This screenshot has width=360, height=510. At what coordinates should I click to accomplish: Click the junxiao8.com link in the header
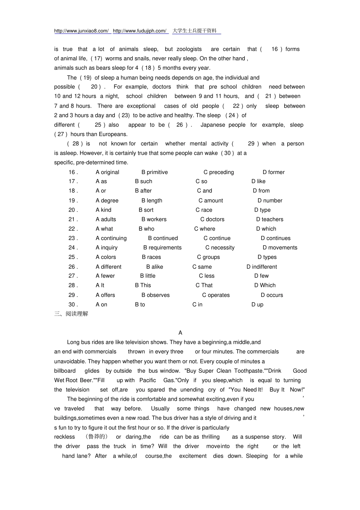pyautogui.click(x=81, y=31)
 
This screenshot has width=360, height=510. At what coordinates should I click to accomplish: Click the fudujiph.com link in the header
pyautogui.click(x=140, y=31)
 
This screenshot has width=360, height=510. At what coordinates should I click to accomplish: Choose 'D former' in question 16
pyautogui.click(x=274, y=172)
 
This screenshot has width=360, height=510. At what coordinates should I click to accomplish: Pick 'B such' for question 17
pyautogui.click(x=144, y=182)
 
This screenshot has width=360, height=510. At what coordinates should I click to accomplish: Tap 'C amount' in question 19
pyautogui.click(x=211, y=201)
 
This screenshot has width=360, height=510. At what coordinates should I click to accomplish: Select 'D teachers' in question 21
pyautogui.click(x=269, y=220)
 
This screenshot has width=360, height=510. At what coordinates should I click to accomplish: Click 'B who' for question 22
pyautogui.click(x=146, y=229)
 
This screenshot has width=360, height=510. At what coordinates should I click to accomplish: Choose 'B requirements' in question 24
pyautogui.click(x=162, y=248)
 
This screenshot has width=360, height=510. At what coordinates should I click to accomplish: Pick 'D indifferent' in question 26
pyautogui.click(x=261, y=267)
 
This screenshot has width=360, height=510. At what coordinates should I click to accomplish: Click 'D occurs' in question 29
pyautogui.click(x=272, y=295)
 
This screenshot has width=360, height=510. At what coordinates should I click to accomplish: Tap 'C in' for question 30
pyautogui.click(x=197, y=304)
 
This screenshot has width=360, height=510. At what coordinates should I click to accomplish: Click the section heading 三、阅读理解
pyautogui.click(x=71, y=314)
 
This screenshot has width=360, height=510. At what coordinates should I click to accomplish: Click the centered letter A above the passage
pyautogui.click(x=180, y=333)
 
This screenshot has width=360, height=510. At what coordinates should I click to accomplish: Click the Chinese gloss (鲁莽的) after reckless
pyautogui.click(x=97, y=437)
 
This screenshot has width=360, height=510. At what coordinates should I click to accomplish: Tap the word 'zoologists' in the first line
pyautogui.click(x=189, y=49)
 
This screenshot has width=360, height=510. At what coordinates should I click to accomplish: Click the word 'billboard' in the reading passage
pyautogui.click(x=65, y=371)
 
